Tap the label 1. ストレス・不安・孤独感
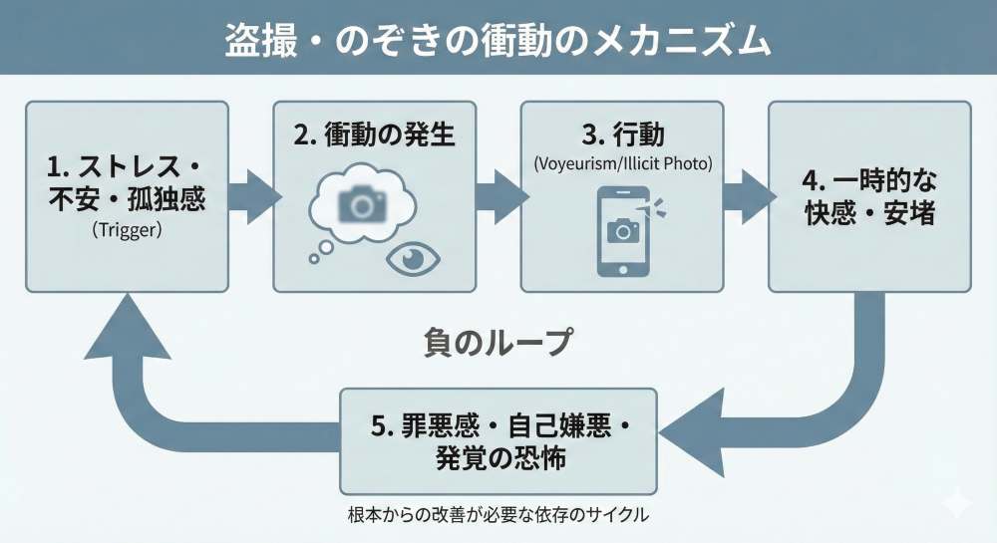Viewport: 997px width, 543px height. coord(127,181)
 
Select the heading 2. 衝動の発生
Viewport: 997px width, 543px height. coord(375,135)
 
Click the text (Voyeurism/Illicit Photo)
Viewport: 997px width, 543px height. coord(622,161)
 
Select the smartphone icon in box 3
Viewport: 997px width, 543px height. coord(622,229)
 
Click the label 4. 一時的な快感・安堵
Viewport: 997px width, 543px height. coord(869,196)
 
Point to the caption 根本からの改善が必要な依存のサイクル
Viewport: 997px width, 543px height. coord(498,514)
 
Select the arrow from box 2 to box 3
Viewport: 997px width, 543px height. coord(497,192)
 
